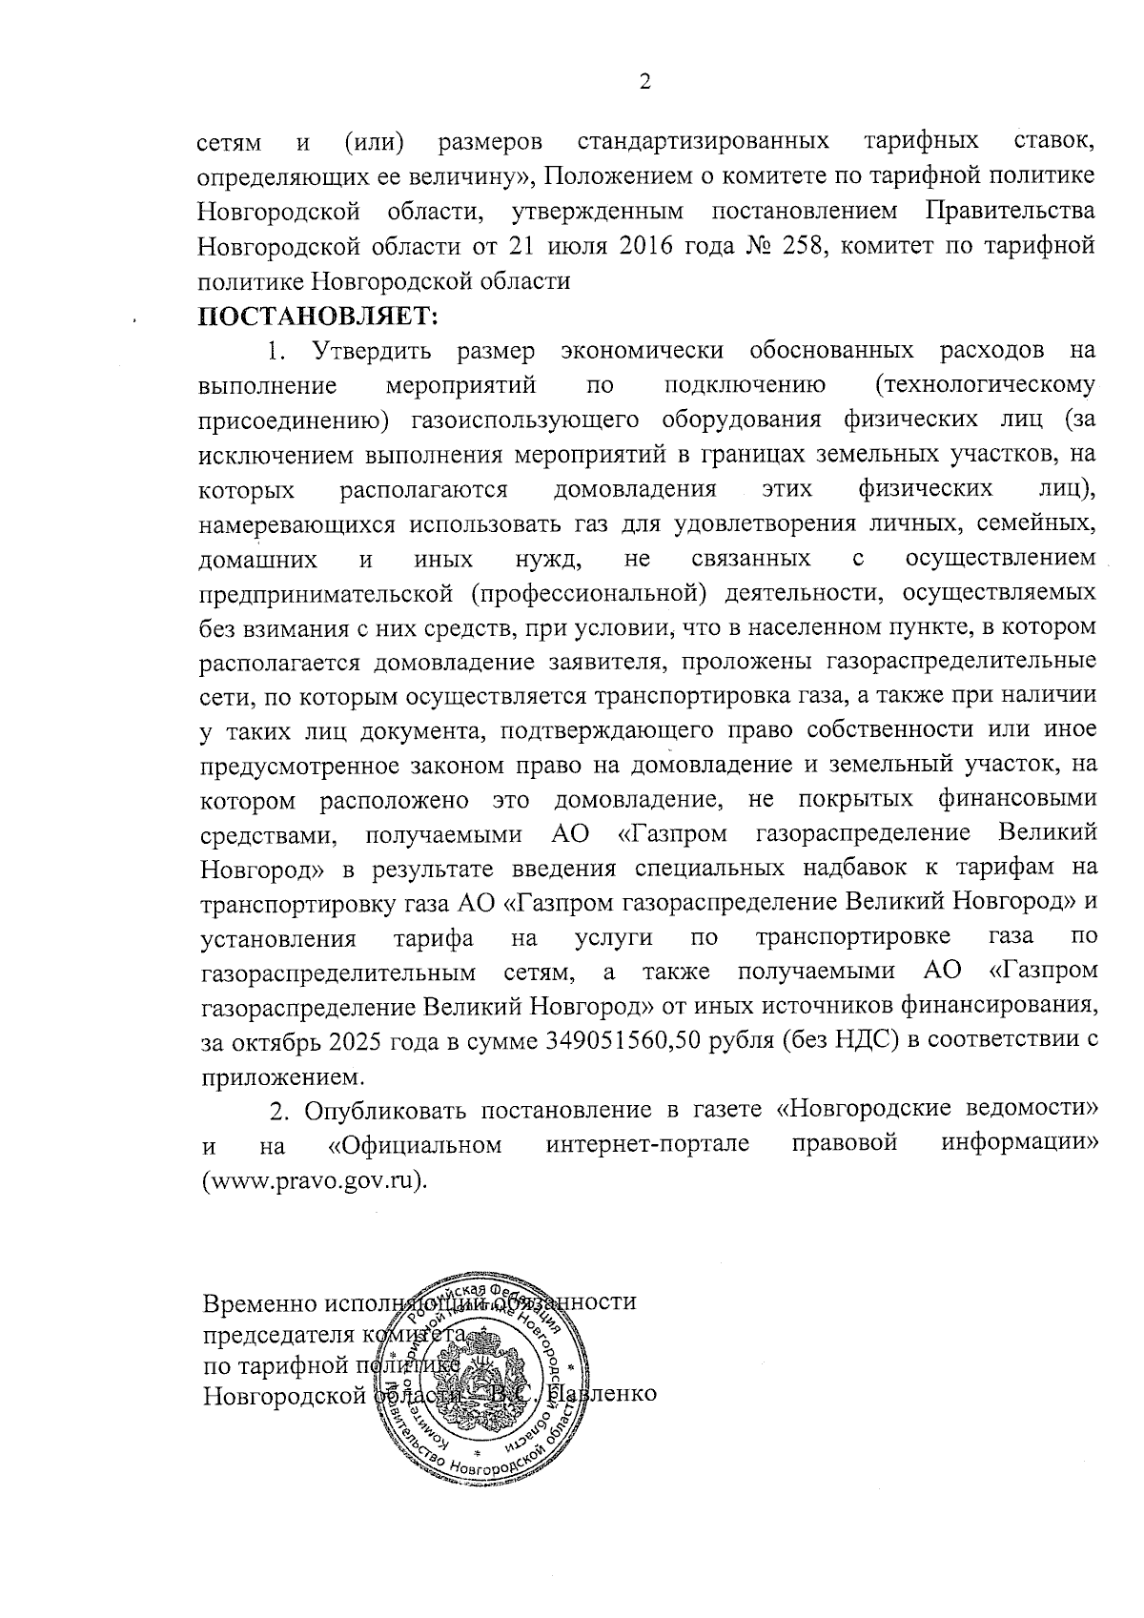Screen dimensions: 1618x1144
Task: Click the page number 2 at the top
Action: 644,83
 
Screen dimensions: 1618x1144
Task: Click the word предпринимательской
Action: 325,593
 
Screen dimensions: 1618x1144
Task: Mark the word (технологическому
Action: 984,386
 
